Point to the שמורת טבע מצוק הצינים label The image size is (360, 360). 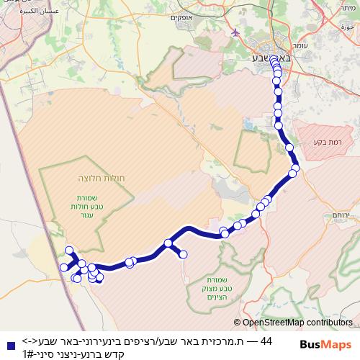[x=212, y=284]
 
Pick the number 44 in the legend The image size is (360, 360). [x=266, y=341]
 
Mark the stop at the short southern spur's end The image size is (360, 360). [x=183, y=254]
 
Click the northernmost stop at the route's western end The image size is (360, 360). [x=70, y=250]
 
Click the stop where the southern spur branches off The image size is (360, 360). [x=168, y=244]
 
